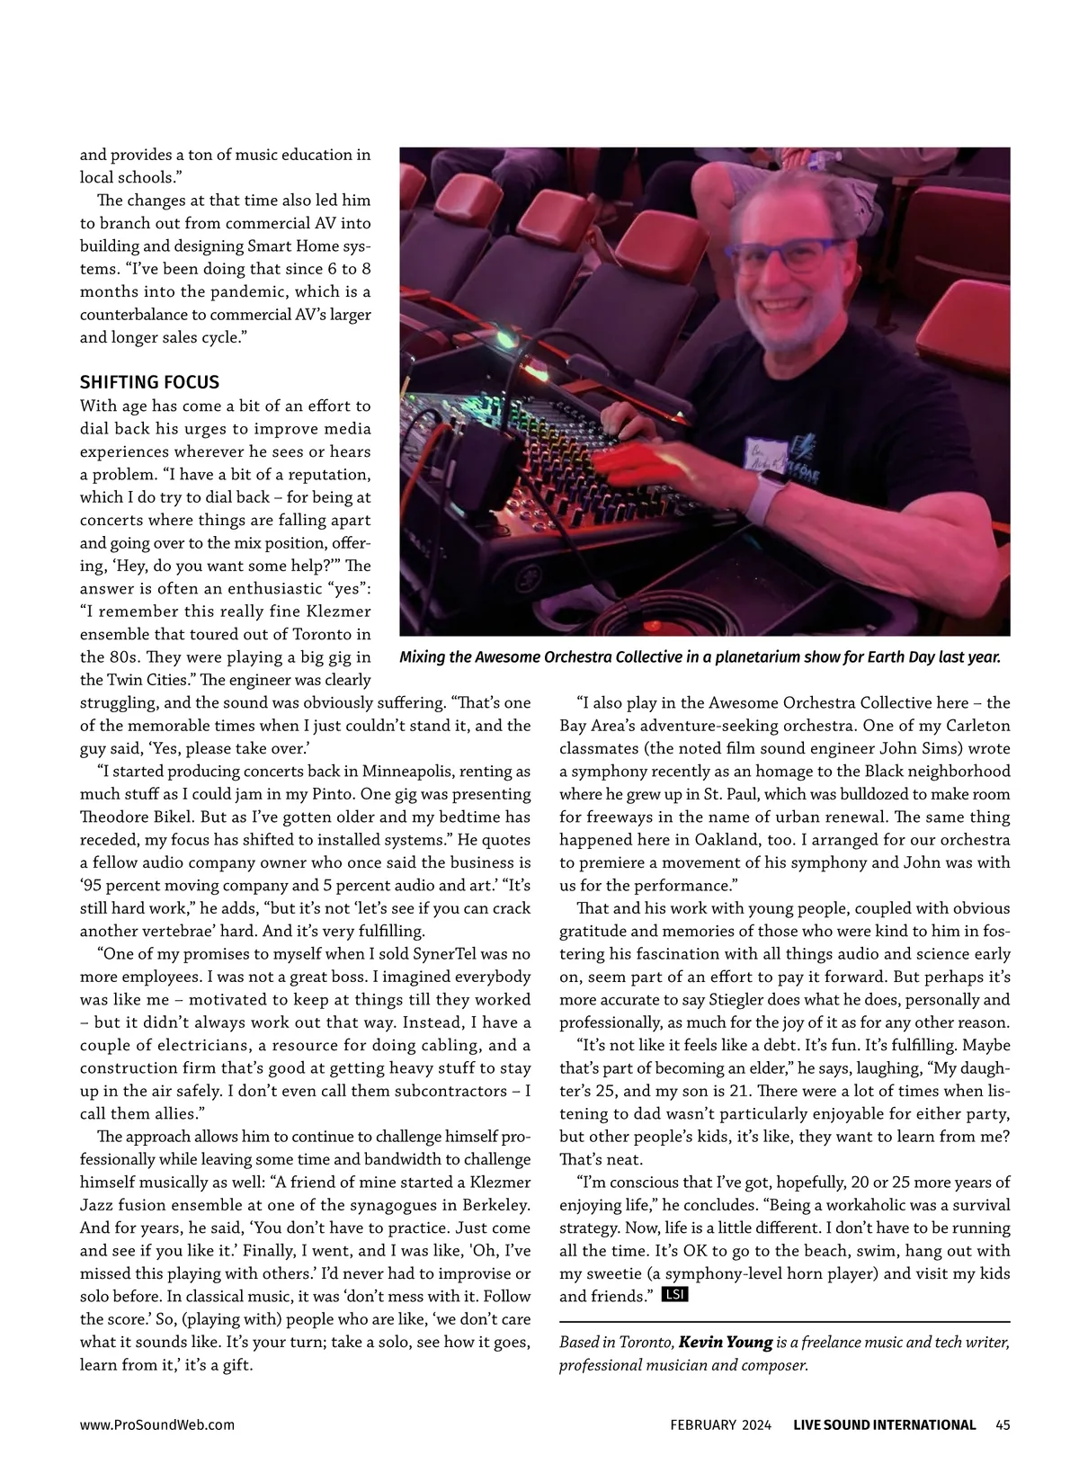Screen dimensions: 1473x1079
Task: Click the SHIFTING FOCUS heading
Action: click(x=149, y=382)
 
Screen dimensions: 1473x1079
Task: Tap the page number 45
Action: click(x=1003, y=1424)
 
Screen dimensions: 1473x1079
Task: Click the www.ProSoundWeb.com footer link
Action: click(x=157, y=1424)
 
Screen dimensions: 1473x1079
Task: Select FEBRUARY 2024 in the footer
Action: click(x=720, y=1424)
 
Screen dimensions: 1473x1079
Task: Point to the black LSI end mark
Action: click(x=674, y=1295)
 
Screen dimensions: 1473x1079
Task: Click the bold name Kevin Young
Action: click(x=726, y=1342)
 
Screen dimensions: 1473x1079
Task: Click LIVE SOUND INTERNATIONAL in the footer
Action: click(x=884, y=1424)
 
